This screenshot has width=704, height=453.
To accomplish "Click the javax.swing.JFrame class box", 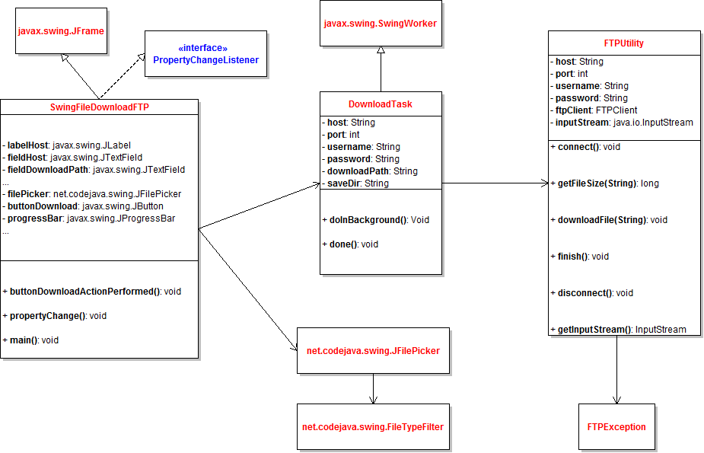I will pyautogui.click(x=61, y=31).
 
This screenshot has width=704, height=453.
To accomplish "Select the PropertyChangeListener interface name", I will pyautogui.click(x=205, y=60).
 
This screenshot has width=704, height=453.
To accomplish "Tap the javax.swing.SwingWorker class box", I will pyautogui.click(x=381, y=24).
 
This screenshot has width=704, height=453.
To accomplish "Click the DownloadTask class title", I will pyautogui.click(x=381, y=104).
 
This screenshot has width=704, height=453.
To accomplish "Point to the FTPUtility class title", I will pyautogui.click(x=623, y=43).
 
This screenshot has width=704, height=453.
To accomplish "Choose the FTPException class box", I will pyautogui.click(x=616, y=427).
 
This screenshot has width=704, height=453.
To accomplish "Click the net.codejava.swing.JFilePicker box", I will pyautogui.click(x=373, y=351).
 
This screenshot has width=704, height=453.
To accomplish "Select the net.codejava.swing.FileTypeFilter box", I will pyautogui.click(x=373, y=426).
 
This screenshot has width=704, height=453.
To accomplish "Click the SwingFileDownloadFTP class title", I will pyautogui.click(x=99, y=107).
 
